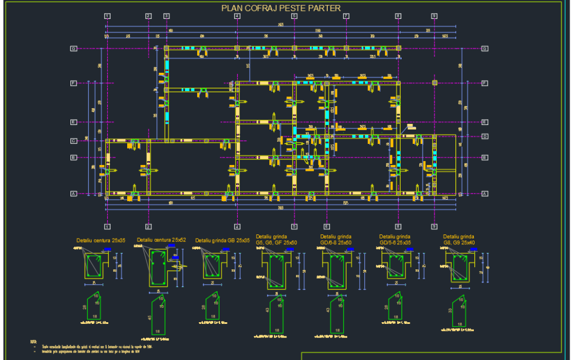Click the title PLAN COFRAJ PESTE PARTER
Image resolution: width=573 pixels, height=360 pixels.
[x=281, y=8]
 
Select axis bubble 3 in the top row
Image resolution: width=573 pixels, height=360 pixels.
[x=166, y=16]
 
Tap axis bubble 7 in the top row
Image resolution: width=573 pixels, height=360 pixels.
[x=346, y=16]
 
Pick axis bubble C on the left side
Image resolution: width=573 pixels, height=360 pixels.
[x=73, y=141]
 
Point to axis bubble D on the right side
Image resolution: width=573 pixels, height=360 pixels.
[x=485, y=136]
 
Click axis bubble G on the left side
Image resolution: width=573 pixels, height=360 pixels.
[x=73, y=49]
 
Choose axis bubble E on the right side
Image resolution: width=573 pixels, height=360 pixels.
[x=485, y=122]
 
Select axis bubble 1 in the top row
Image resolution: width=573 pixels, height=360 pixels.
[x=107, y=16]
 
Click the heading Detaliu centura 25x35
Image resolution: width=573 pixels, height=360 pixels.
[x=100, y=240]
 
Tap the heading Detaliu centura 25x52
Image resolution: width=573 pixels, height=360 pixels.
[x=161, y=240]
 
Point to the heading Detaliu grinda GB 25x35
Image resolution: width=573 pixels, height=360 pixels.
[x=222, y=241]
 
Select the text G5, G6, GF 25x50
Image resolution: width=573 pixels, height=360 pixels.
[x=276, y=242]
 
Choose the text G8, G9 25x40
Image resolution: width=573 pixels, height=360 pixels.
[x=458, y=242]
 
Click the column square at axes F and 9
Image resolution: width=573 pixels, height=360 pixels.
[x=434, y=84]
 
